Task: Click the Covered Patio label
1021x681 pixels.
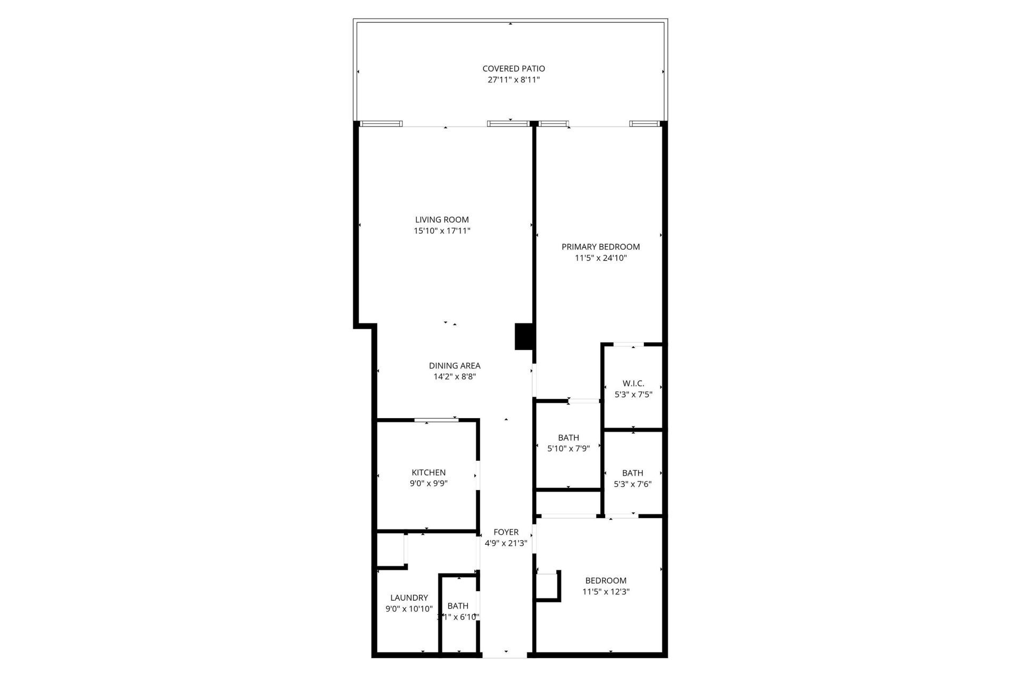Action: point(513,69)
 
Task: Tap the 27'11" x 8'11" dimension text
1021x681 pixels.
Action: point(513,80)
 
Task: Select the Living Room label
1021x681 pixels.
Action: point(442,220)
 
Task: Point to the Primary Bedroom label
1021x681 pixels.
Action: point(600,247)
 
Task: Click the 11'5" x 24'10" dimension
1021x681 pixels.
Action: point(600,258)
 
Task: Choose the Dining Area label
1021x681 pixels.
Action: point(455,366)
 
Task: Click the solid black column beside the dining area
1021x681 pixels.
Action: point(524,336)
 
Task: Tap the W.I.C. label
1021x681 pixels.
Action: point(633,384)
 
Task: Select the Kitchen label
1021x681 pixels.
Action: point(429,472)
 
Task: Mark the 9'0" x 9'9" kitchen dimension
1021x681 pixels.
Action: point(429,484)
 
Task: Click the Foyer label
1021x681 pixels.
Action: point(506,532)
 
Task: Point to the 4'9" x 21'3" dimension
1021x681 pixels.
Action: point(506,543)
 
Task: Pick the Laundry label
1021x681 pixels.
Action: point(409,598)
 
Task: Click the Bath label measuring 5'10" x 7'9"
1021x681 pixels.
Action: point(568,437)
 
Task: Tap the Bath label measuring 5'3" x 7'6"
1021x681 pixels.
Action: point(632,473)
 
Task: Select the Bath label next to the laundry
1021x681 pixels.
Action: point(458,606)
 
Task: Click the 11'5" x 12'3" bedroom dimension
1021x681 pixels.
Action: point(606,592)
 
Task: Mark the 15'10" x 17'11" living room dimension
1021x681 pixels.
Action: point(442,231)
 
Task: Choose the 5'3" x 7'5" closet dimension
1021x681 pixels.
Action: point(633,395)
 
